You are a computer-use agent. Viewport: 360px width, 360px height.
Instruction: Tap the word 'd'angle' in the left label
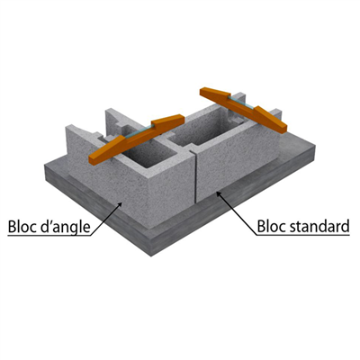click(68, 225)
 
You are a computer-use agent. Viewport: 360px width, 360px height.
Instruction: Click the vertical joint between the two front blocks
click(195, 176)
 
